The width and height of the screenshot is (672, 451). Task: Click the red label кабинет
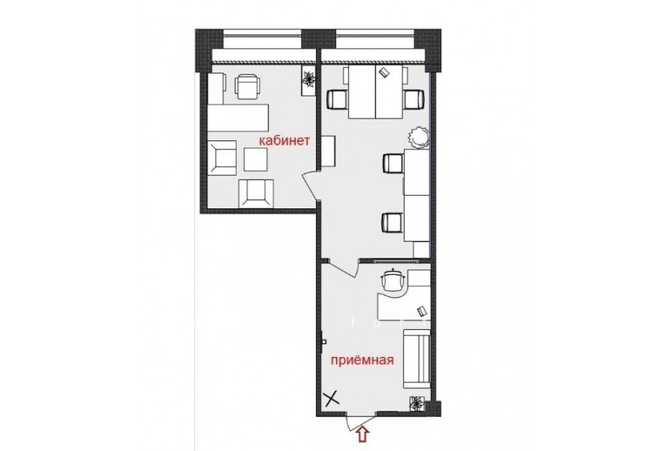tap(283, 141)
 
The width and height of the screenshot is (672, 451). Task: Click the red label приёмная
tap(362, 359)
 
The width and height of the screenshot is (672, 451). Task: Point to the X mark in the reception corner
tap(332, 399)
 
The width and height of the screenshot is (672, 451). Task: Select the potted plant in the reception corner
tap(416, 403)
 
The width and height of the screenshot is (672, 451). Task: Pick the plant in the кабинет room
tap(309, 79)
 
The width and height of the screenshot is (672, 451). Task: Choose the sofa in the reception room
tap(416, 358)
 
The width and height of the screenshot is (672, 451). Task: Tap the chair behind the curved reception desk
tap(393, 279)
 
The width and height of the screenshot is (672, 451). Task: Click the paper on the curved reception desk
tap(421, 311)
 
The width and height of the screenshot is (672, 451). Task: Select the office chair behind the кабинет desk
tap(248, 86)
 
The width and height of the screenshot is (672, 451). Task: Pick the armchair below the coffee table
tap(256, 193)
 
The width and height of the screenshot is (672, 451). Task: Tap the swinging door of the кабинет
tap(311, 185)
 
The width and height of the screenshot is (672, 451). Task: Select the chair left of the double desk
tap(337, 99)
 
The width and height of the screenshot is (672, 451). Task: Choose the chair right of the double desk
tap(413, 99)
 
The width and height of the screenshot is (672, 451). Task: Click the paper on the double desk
tap(384, 72)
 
